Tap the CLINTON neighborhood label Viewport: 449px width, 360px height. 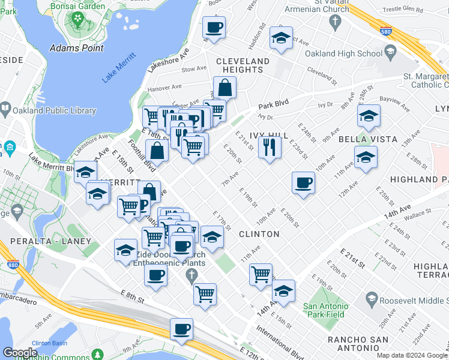coord(259,233)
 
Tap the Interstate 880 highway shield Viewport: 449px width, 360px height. coord(13,263)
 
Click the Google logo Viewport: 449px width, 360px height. coord(20,352)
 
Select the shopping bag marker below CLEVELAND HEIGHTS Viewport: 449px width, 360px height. coord(224,88)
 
